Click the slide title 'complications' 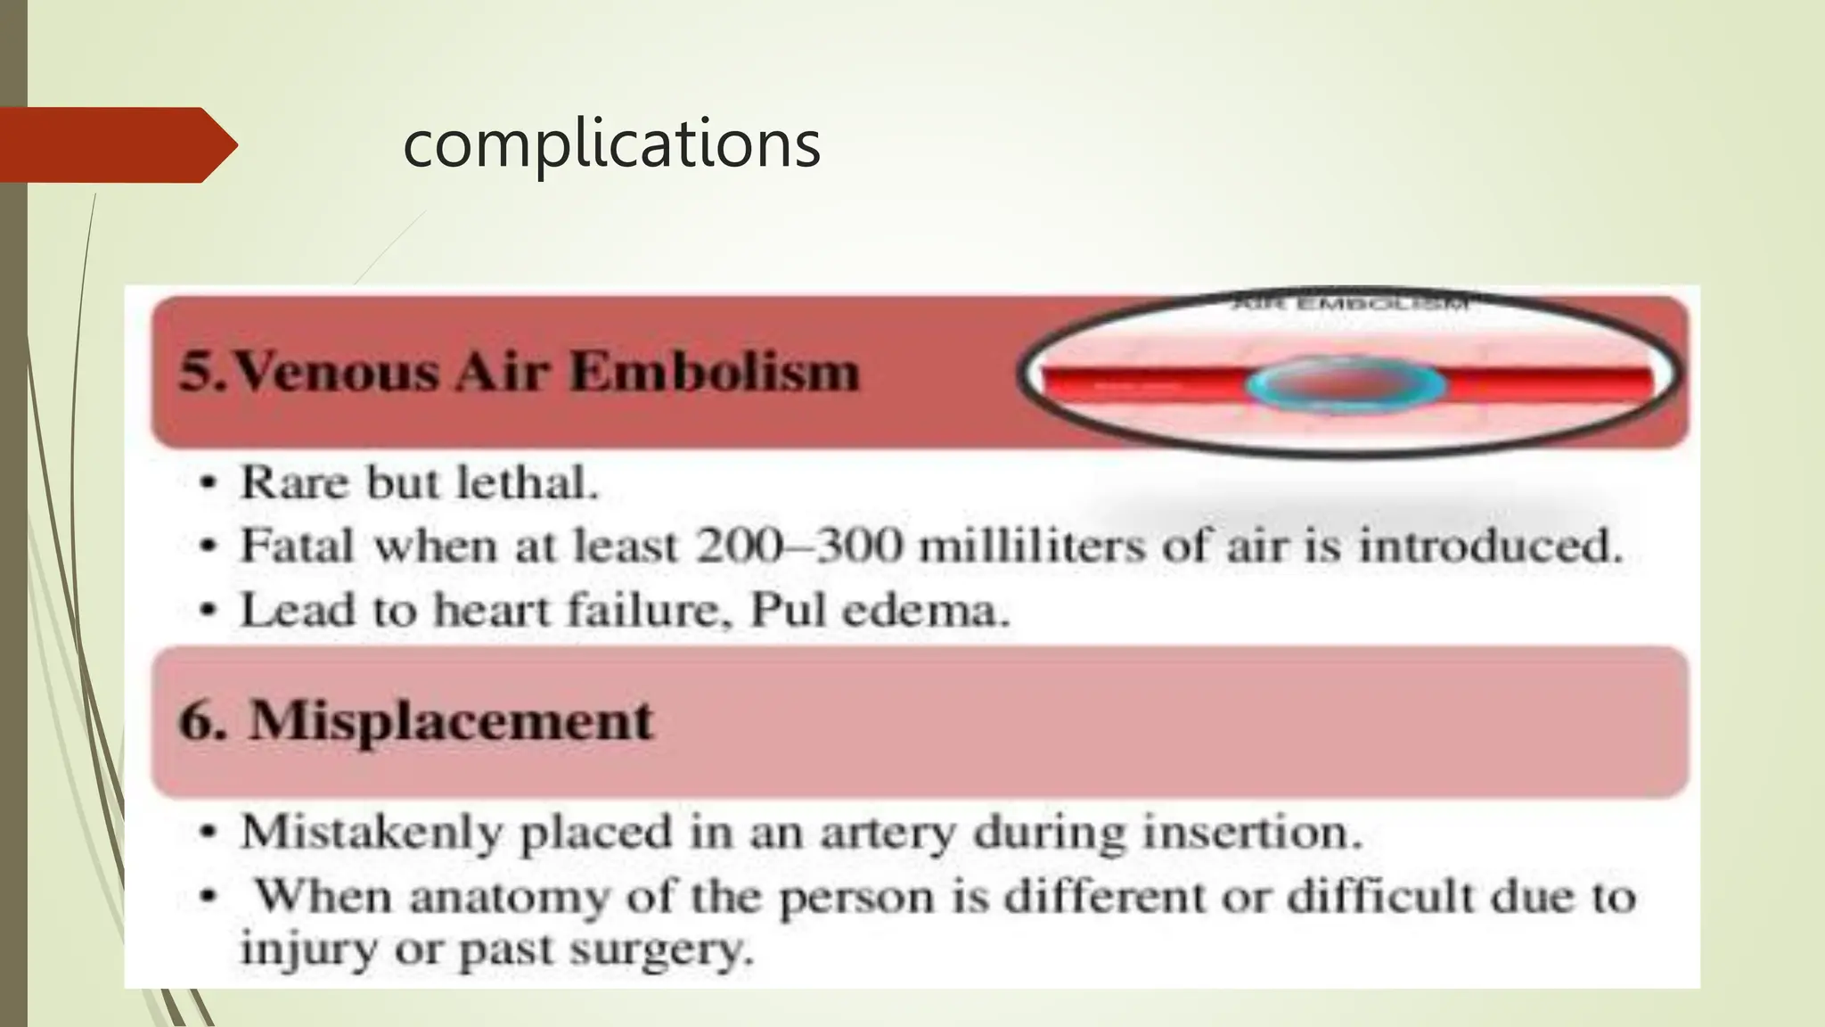click(x=611, y=144)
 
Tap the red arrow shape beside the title click(x=116, y=144)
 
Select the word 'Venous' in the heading click(x=336, y=371)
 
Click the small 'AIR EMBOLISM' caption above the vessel click(x=1349, y=305)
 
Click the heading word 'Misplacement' click(x=451, y=720)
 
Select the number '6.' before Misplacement click(x=203, y=720)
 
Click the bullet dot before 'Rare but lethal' click(x=208, y=484)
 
